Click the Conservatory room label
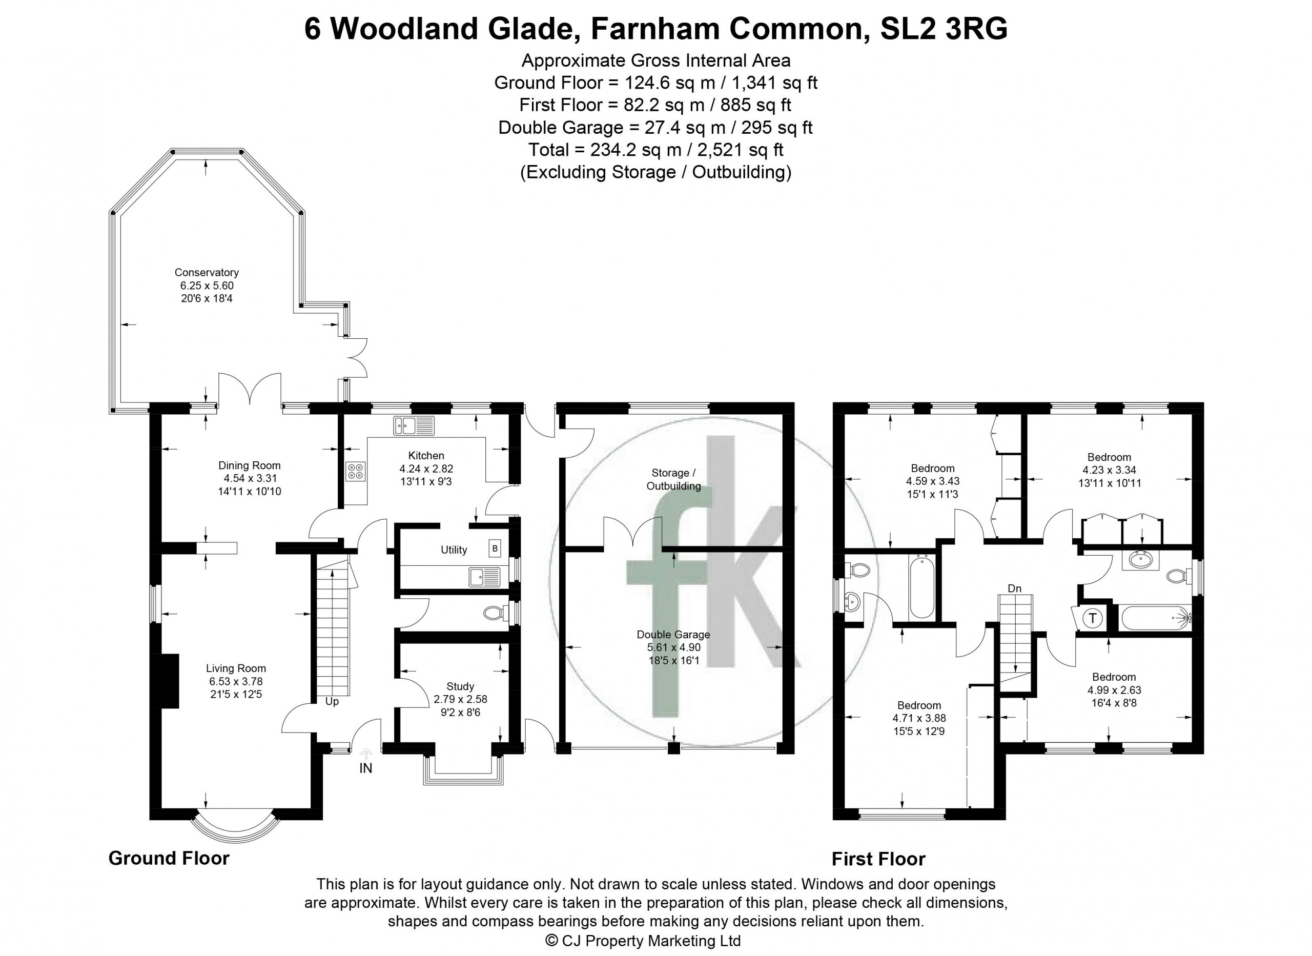(x=207, y=273)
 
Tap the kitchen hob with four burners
(x=355, y=471)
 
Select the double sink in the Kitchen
(x=414, y=425)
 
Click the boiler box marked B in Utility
(x=495, y=548)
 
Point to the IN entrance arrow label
(x=365, y=768)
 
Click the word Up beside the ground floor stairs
(x=332, y=701)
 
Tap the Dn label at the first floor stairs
(x=1015, y=588)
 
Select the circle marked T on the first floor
(x=1093, y=618)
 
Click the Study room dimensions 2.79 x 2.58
(x=460, y=699)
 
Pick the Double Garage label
(x=673, y=634)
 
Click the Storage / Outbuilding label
(x=673, y=479)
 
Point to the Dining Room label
(x=249, y=465)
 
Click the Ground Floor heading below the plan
(x=169, y=858)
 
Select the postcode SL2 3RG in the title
(x=944, y=29)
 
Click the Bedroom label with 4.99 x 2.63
(x=1114, y=677)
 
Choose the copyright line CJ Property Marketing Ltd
(x=643, y=941)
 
